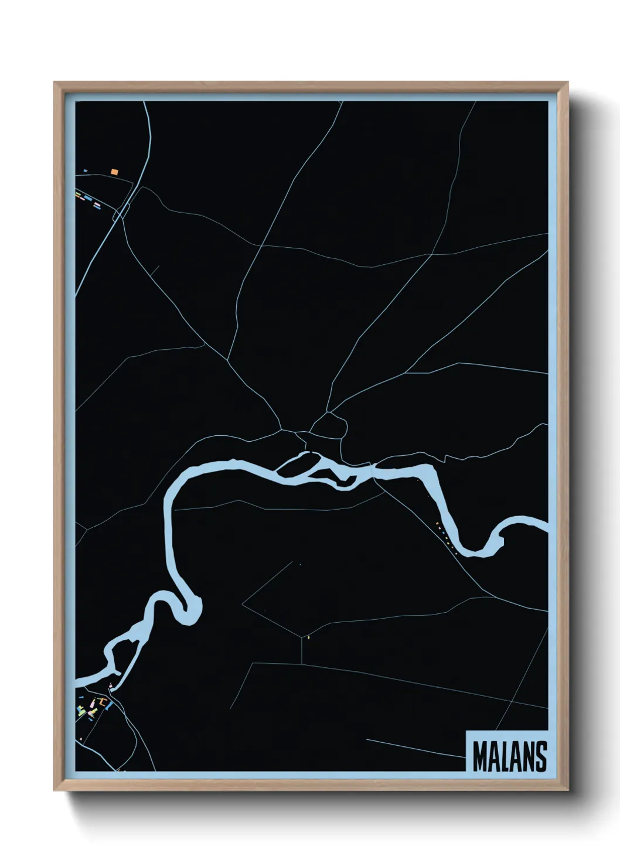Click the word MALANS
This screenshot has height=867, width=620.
point(509,756)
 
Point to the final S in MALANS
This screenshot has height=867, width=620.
point(540,756)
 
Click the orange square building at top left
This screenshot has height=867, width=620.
point(114,172)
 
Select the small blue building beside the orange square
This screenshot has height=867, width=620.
point(86,170)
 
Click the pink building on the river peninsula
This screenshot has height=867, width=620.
point(110,685)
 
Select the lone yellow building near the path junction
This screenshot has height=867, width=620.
point(308,637)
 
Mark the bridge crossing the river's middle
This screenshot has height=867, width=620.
point(373,468)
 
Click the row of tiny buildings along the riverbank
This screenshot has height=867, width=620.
point(446,538)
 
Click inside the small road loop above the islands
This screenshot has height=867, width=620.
point(329,426)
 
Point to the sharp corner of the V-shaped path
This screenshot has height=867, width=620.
point(243,603)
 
